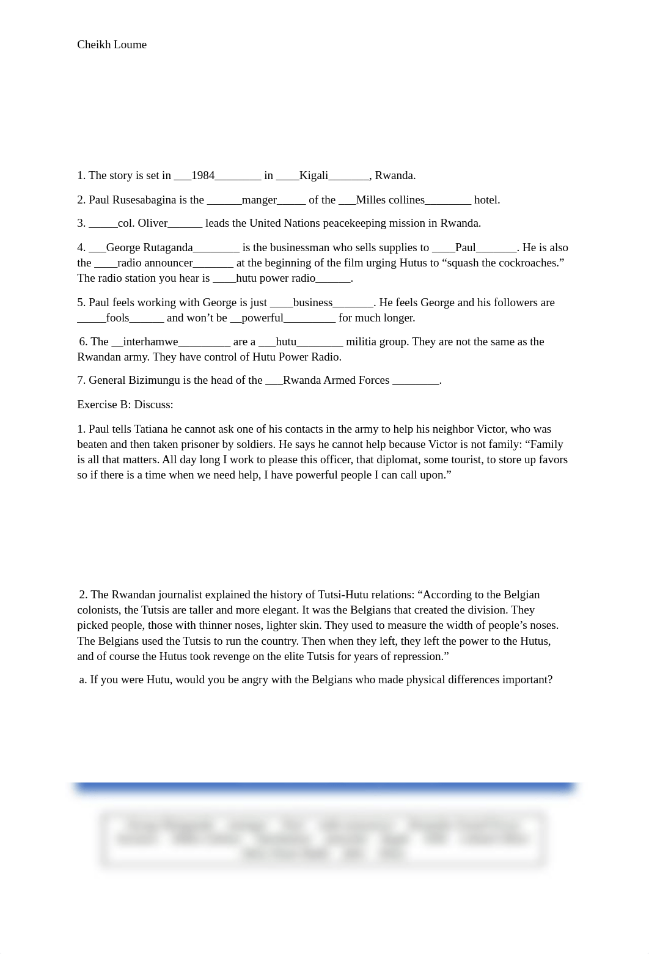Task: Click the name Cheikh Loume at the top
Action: (x=112, y=45)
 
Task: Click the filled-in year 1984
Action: (x=203, y=176)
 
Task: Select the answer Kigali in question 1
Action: (x=313, y=176)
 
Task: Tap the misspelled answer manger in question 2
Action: (x=259, y=200)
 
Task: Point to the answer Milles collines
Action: (x=390, y=200)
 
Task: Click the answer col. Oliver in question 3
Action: (x=142, y=224)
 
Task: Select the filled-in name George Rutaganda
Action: (x=149, y=248)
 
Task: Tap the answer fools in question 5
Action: (x=117, y=318)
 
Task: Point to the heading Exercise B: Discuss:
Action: (x=125, y=405)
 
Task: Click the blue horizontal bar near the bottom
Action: (x=324, y=788)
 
